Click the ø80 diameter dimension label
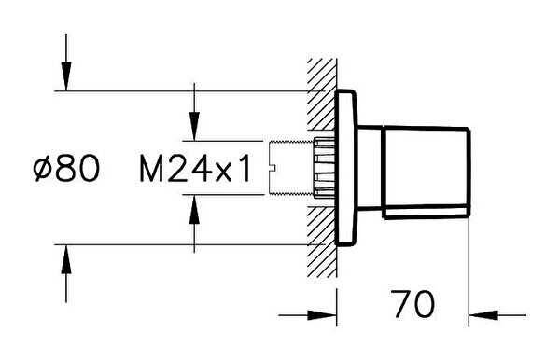(66, 169)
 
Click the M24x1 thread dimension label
(196, 169)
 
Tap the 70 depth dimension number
(413, 304)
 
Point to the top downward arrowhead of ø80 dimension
(66, 76)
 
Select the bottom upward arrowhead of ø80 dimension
(66, 259)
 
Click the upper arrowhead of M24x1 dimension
(194, 126)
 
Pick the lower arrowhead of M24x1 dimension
(194, 210)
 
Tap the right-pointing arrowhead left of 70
(322, 315)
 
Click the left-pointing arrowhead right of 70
(483, 315)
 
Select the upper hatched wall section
(321, 94)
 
